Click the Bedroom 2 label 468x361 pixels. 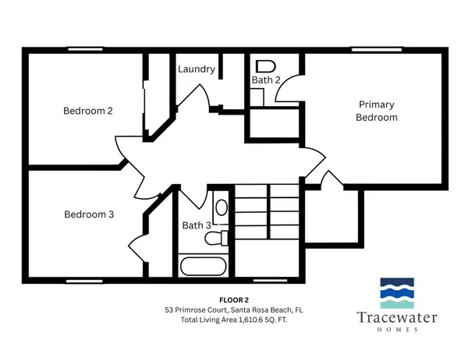click(x=88, y=111)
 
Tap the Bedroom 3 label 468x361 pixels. click(x=89, y=214)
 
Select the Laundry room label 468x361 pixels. click(x=197, y=69)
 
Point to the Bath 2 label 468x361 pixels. click(x=267, y=80)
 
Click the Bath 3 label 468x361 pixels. click(x=196, y=225)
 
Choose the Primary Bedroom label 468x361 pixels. click(x=377, y=111)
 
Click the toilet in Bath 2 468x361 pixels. click(x=266, y=65)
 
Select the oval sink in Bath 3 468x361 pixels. click(x=221, y=207)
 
